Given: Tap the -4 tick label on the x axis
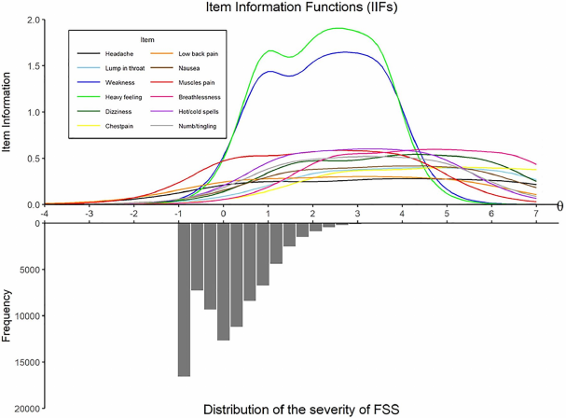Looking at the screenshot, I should pos(44,214).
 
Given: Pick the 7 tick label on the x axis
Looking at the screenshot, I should pos(535,214).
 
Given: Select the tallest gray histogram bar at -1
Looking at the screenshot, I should pos(184,299).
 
